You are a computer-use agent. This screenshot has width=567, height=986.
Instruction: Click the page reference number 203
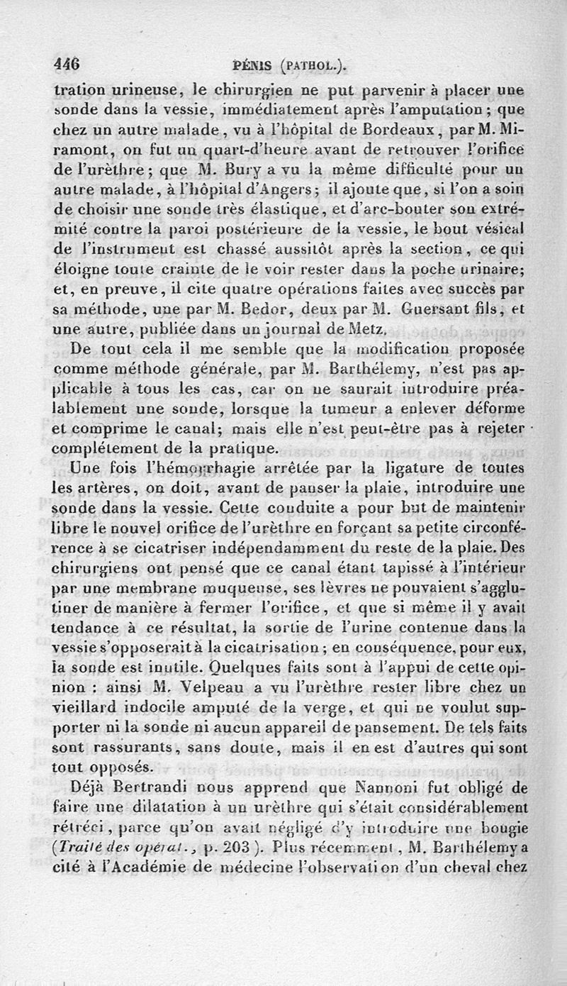tap(233, 846)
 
